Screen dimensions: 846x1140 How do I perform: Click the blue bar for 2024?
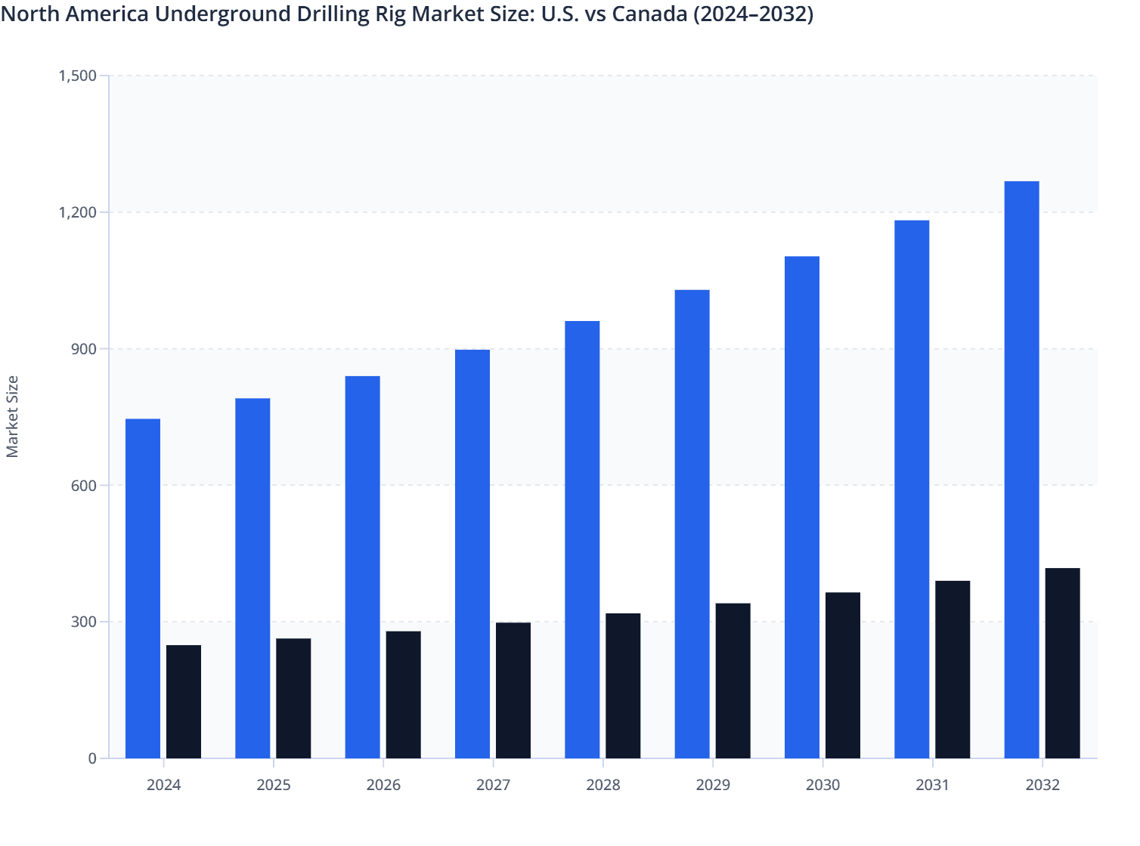tap(143, 588)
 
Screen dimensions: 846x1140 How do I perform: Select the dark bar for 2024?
tap(184, 702)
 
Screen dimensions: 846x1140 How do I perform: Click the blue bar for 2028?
tap(582, 539)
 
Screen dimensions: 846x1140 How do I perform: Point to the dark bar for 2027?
tap(513, 690)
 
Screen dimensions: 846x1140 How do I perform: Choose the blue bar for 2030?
tap(801, 507)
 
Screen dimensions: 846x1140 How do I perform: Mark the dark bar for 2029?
tap(733, 681)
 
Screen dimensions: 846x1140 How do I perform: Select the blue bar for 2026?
tap(362, 567)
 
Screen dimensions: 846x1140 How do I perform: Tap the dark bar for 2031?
tap(953, 669)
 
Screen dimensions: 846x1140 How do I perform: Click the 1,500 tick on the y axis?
tap(77, 76)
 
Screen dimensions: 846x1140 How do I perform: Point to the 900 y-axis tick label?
tap(83, 349)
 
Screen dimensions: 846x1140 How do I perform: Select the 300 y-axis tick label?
tap(83, 622)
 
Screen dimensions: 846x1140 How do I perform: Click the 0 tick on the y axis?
tap(92, 758)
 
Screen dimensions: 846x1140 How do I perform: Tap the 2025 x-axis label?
tap(274, 785)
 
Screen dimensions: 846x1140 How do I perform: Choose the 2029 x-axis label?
tap(713, 785)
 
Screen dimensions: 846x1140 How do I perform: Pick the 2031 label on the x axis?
tap(932, 785)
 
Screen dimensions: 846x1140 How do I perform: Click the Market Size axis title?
tap(12, 417)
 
